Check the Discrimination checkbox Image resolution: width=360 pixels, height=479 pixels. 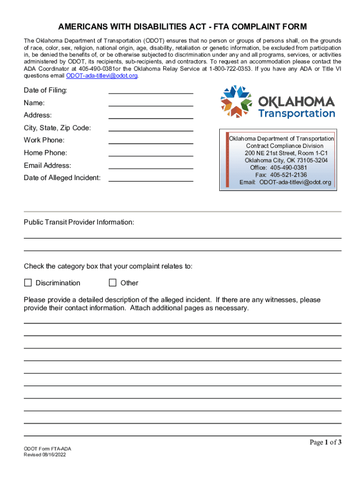coord(28,283)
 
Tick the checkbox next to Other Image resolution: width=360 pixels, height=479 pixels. coord(112,283)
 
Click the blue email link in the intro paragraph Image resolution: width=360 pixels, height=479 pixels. coord(102,75)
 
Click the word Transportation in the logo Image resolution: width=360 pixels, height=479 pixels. coord(296,114)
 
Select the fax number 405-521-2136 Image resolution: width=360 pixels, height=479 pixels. coord(288,175)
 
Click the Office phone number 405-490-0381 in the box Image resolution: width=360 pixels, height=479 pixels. coord(288,167)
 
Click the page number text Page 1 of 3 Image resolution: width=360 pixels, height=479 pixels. coord(325,443)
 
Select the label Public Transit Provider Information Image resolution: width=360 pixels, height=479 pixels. coord(79,222)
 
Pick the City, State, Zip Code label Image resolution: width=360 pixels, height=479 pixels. coord(58,128)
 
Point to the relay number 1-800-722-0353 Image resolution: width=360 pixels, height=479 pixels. coord(229,68)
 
